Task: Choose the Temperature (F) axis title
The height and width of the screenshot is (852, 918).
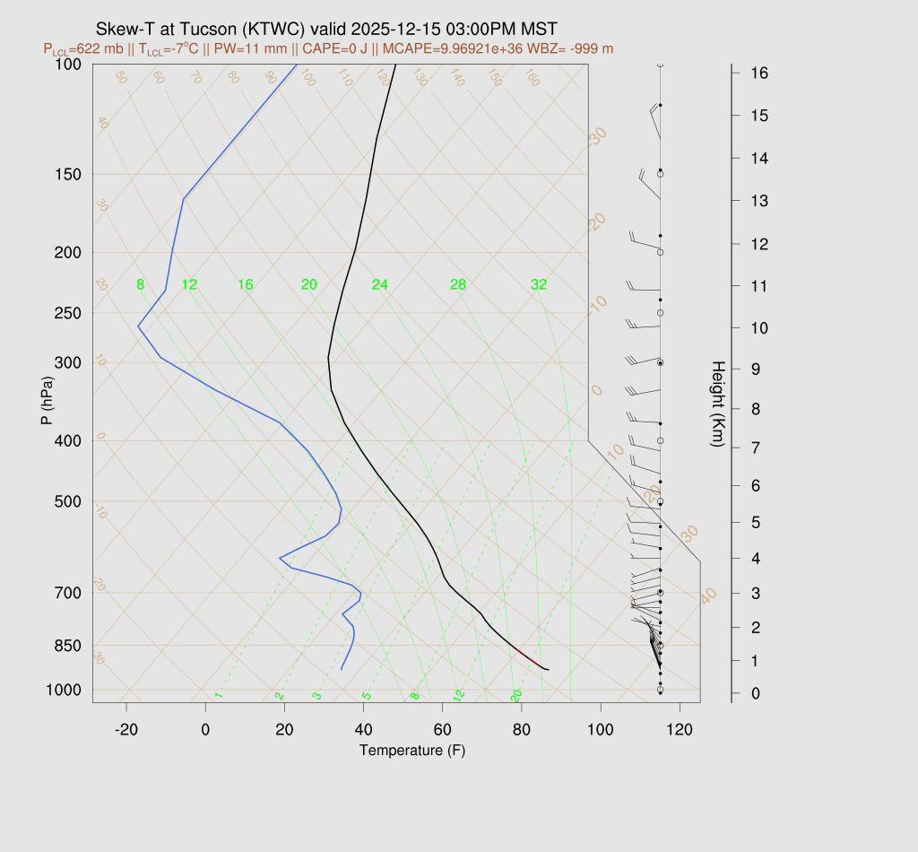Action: (x=412, y=750)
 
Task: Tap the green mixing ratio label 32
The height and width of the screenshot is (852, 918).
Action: (x=539, y=285)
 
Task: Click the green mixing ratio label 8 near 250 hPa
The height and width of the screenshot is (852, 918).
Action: (x=140, y=285)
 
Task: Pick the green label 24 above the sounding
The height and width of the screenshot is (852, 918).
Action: (x=380, y=285)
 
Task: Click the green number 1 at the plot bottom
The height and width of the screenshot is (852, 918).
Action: (x=218, y=696)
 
